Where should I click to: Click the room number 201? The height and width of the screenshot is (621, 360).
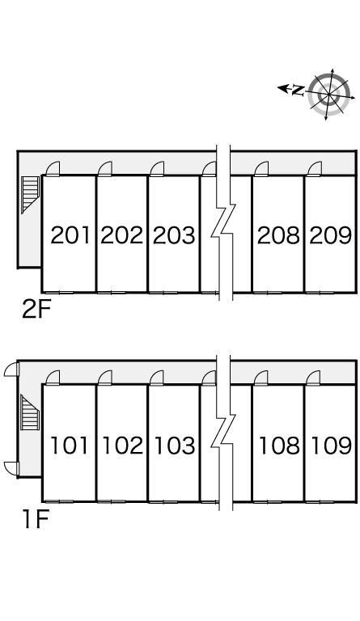point(70,234)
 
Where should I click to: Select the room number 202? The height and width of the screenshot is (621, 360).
point(121,234)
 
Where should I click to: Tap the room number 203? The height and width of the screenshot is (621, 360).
point(174,234)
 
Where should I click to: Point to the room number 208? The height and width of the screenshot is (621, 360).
point(278,234)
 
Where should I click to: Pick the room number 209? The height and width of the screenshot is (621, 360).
point(331,234)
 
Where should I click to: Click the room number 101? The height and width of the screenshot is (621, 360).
point(70,446)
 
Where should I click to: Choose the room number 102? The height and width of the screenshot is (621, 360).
point(122,446)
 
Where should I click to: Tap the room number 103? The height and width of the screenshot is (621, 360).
point(175,446)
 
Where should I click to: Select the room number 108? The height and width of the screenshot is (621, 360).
point(279,446)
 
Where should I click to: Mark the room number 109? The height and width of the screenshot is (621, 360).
point(332,446)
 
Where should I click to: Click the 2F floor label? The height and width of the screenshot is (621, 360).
point(37,310)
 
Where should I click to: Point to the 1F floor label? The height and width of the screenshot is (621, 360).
point(36,520)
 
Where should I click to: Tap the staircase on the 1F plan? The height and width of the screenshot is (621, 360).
point(30,412)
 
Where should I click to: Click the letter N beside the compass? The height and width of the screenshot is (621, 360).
point(298,91)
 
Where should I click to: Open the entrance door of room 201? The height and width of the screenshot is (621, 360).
point(53,169)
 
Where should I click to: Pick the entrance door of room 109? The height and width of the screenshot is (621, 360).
point(313,378)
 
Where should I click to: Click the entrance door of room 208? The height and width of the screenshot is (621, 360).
point(261,169)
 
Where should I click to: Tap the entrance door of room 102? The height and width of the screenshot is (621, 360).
point(105,378)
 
